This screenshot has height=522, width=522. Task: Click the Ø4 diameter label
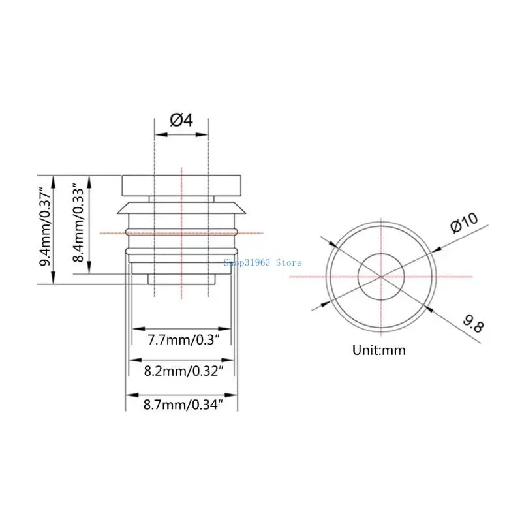pos(181,120)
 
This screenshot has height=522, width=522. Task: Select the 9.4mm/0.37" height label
pos(46,229)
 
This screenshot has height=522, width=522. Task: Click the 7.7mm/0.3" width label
pos(181,340)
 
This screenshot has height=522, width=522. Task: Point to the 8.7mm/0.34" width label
pos(181,405)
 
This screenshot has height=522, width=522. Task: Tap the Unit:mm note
pos(379,350)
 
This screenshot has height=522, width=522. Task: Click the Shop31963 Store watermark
pos(262,262)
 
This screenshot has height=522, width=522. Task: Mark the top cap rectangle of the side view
pos(181,184)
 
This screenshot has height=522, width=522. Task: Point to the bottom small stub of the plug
pos(181,279)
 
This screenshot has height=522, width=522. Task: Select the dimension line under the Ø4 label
pos(181,135)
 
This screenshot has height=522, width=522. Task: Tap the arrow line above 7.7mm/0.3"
pos(181,328)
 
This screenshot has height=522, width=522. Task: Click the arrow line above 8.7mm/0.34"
pos(181,394)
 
